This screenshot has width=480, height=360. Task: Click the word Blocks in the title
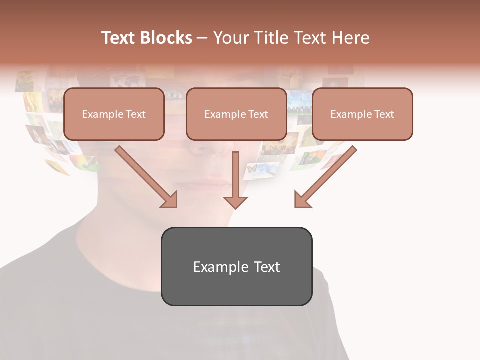(167, 38)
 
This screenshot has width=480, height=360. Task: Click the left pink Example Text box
(114, 114)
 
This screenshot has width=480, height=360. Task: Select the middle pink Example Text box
(236, 114)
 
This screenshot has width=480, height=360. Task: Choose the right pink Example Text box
(362, 114)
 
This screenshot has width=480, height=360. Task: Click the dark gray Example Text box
(236, 266)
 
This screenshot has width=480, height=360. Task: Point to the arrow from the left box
(147, 177)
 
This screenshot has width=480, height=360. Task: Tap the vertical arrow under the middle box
(235, 180)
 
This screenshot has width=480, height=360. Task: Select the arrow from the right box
(325, 177)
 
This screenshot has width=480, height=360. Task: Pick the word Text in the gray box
(267, 267)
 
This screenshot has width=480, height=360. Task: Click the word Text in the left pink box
(136, 114)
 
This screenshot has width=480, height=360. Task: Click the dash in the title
(202, 38)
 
